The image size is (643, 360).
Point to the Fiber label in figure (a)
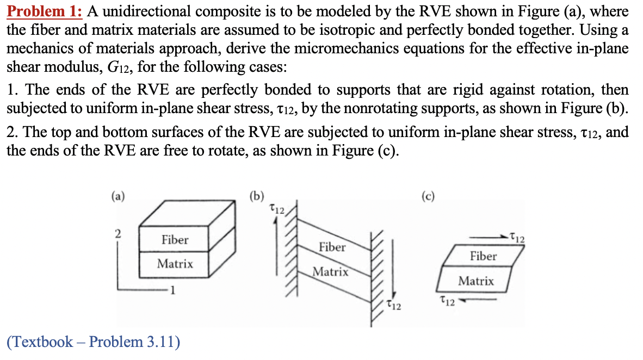point(175,240)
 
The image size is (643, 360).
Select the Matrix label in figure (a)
point(175,264)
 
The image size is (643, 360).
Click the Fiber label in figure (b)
point(332,247)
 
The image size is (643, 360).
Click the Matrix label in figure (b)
point(330,271)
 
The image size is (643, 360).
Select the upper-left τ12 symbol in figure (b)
point(277,208)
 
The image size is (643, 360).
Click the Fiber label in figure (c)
point(483,256)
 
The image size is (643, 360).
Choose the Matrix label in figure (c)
point(476,281)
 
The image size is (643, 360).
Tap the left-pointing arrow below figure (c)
point(478,299)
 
